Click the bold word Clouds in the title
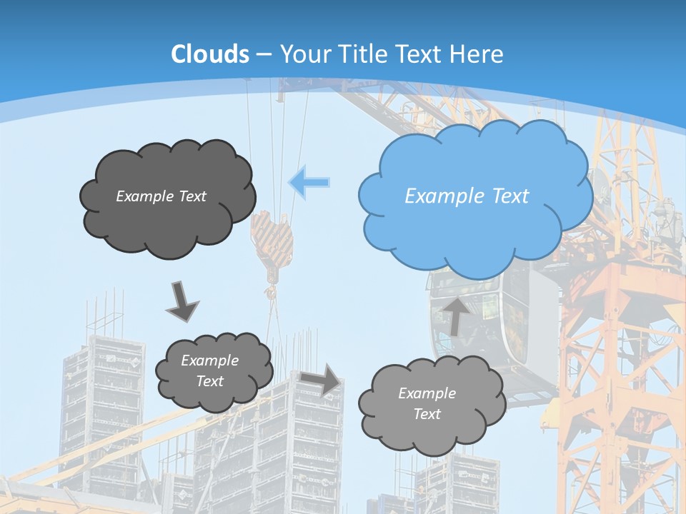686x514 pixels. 210,54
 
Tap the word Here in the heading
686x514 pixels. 477,54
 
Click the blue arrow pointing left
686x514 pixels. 309,182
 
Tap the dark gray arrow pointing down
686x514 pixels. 182,301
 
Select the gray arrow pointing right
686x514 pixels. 321,378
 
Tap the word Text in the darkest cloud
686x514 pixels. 192,196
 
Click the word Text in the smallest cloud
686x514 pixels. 210,381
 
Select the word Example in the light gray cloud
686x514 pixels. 427,393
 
